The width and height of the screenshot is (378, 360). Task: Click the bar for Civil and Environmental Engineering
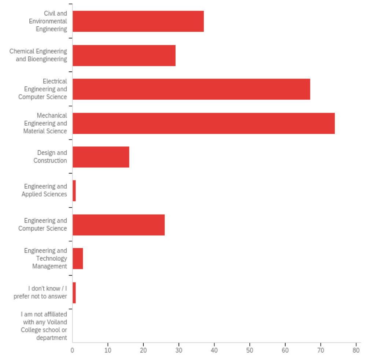tap(138, 21)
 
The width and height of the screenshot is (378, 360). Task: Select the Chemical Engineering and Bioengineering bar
tap(124, 55)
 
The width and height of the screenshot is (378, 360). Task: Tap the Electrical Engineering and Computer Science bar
tap(191, 89)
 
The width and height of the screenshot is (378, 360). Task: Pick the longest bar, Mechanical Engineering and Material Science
tap(203, 123)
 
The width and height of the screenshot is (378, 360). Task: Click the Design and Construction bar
tap(101, 157)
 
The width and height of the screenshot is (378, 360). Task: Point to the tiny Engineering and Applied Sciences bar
tap(74, 190)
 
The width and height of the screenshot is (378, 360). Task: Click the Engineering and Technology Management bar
tap(78, 258)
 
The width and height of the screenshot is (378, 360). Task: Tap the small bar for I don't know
tap(74, 292)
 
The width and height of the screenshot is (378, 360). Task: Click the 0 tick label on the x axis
tap(72, 350)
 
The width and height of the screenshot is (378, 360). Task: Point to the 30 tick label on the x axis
tap(179, 350)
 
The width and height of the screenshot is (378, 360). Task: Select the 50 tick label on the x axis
tap(250, 350)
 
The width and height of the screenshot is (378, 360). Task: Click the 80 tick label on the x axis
tap(356, 350)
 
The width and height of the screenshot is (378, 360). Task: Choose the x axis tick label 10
tap(108, 350)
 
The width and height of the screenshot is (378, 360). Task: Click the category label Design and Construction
tap(51, 157)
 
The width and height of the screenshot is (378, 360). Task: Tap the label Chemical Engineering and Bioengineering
tap(38, 55)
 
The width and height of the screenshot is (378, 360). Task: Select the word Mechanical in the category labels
tap(52, 115)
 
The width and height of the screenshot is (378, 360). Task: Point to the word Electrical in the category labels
tap(55, 81)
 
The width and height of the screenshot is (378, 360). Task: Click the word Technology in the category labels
tap(51, 259)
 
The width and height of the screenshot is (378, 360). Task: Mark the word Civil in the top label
tap(50, 14)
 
